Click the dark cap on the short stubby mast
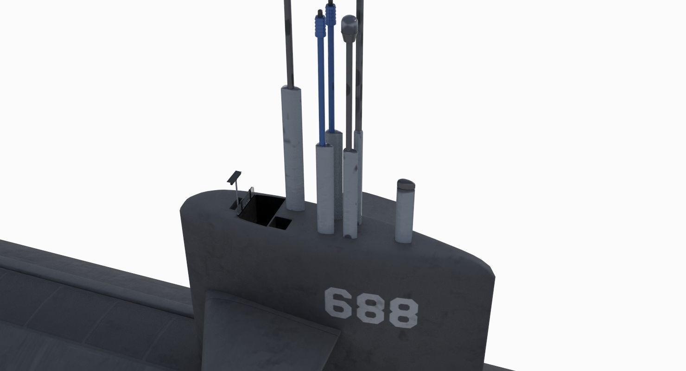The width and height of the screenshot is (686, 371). (x=406, y=184)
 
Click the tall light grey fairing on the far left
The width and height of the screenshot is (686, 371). (x=293, y=148)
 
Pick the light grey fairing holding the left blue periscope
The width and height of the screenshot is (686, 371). (x=325, y=188)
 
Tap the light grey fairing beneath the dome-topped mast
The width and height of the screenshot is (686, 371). (x=350, y=192)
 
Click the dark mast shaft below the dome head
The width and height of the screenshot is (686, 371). (x=348, y=93)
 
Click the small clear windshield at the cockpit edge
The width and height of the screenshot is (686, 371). (x=249, y=195)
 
